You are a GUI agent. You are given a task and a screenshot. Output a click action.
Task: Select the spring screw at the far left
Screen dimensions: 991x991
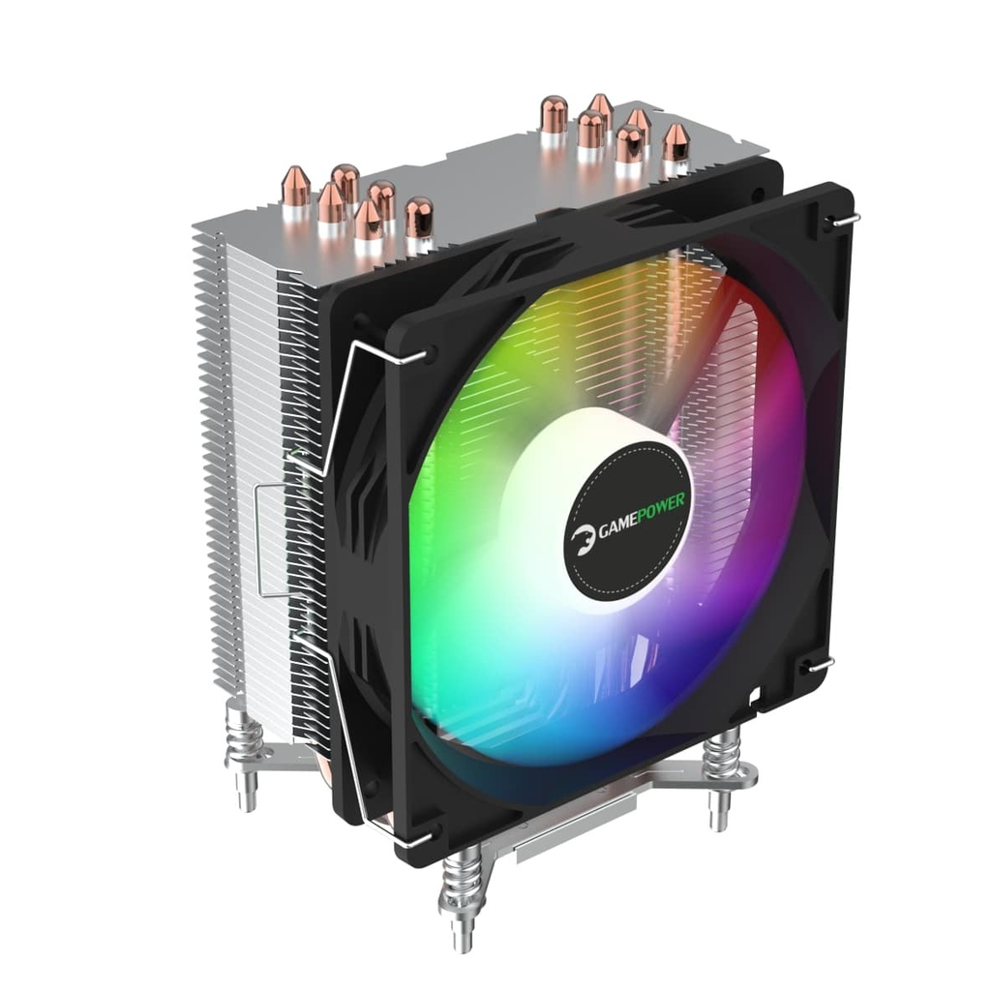point(242,745)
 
